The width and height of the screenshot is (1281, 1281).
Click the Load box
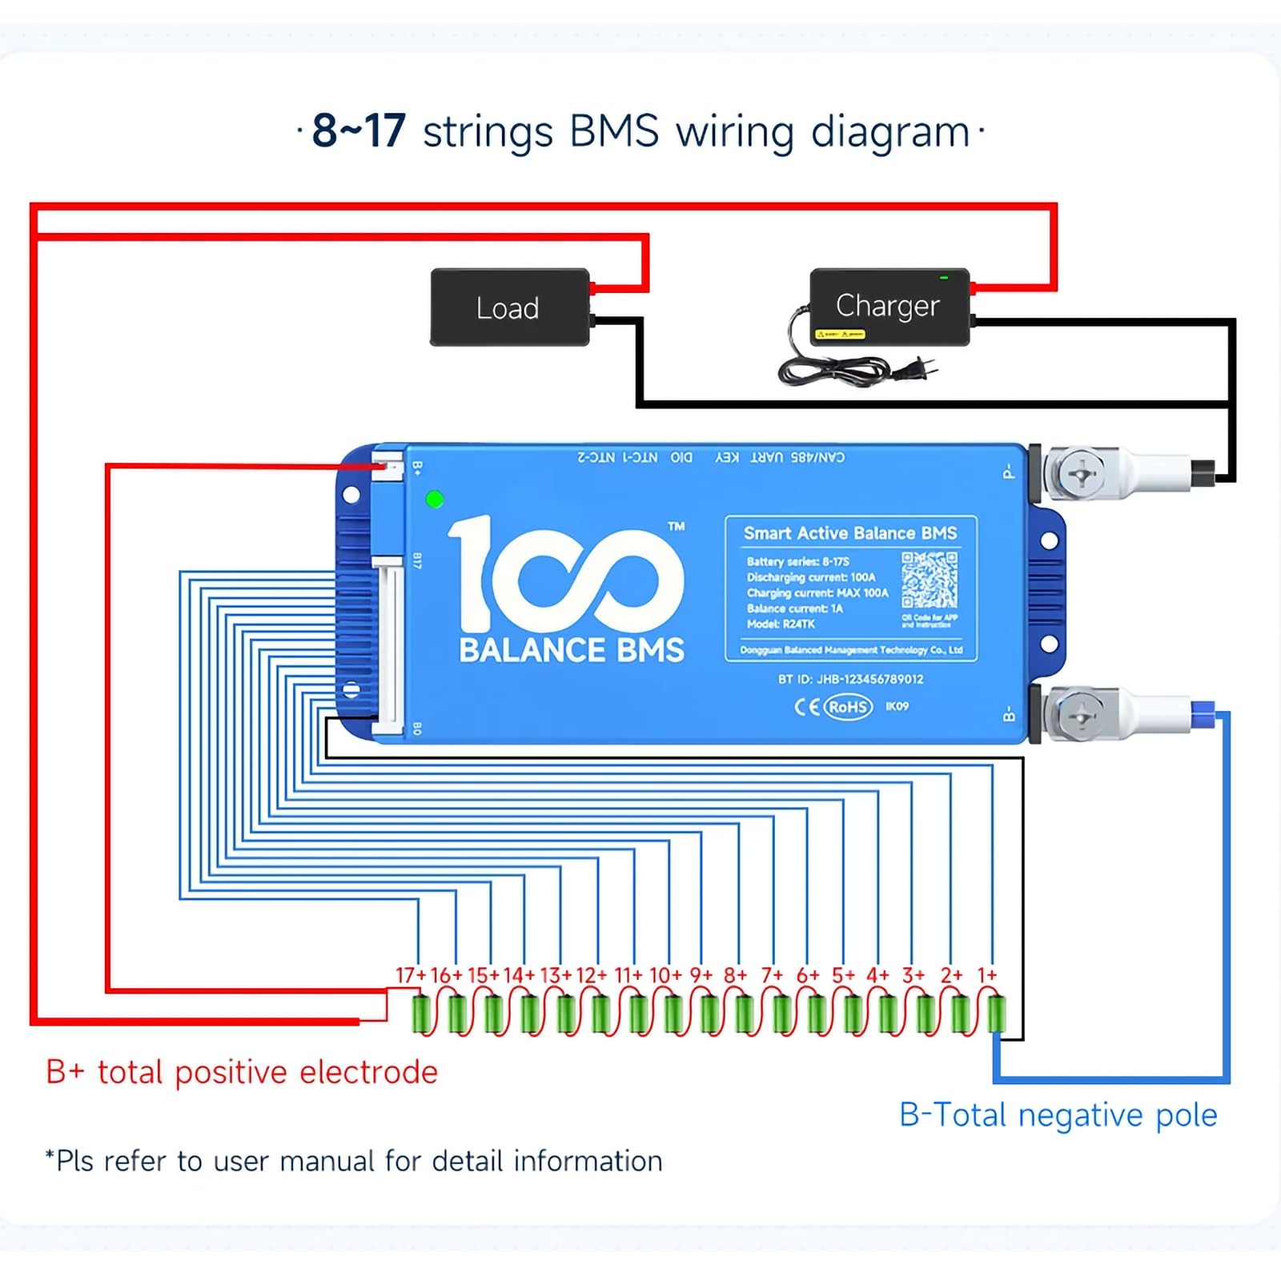tap(510, 307)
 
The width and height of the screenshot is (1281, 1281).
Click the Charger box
tap(889, 306)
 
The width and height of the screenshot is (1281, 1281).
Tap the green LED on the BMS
tap(435, 500)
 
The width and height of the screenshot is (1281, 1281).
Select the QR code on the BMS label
tap(929, 579)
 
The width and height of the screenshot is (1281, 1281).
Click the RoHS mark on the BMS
tap(848, 707)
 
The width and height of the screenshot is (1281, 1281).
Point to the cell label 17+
tap(411, 975)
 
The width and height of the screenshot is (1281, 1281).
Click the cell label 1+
tap(987, 975)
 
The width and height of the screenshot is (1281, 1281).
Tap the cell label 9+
tap(701, 975)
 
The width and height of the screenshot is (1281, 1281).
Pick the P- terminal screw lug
tap(1081, 475)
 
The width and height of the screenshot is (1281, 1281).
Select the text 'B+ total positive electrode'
tap(242, 1072)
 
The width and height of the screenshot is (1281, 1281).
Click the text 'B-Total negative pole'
tap(1058, 1115)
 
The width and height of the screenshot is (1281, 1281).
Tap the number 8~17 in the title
tap(359, 131)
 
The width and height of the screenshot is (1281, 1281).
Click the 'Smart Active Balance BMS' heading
tap(849, 533)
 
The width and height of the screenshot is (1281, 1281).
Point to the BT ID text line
tap(850, 679)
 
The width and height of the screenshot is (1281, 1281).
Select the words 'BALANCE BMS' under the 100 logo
tap(572, 650)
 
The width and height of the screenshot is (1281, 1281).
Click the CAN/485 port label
tap(817, 457)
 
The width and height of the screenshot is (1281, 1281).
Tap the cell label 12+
tap(592, 975)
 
